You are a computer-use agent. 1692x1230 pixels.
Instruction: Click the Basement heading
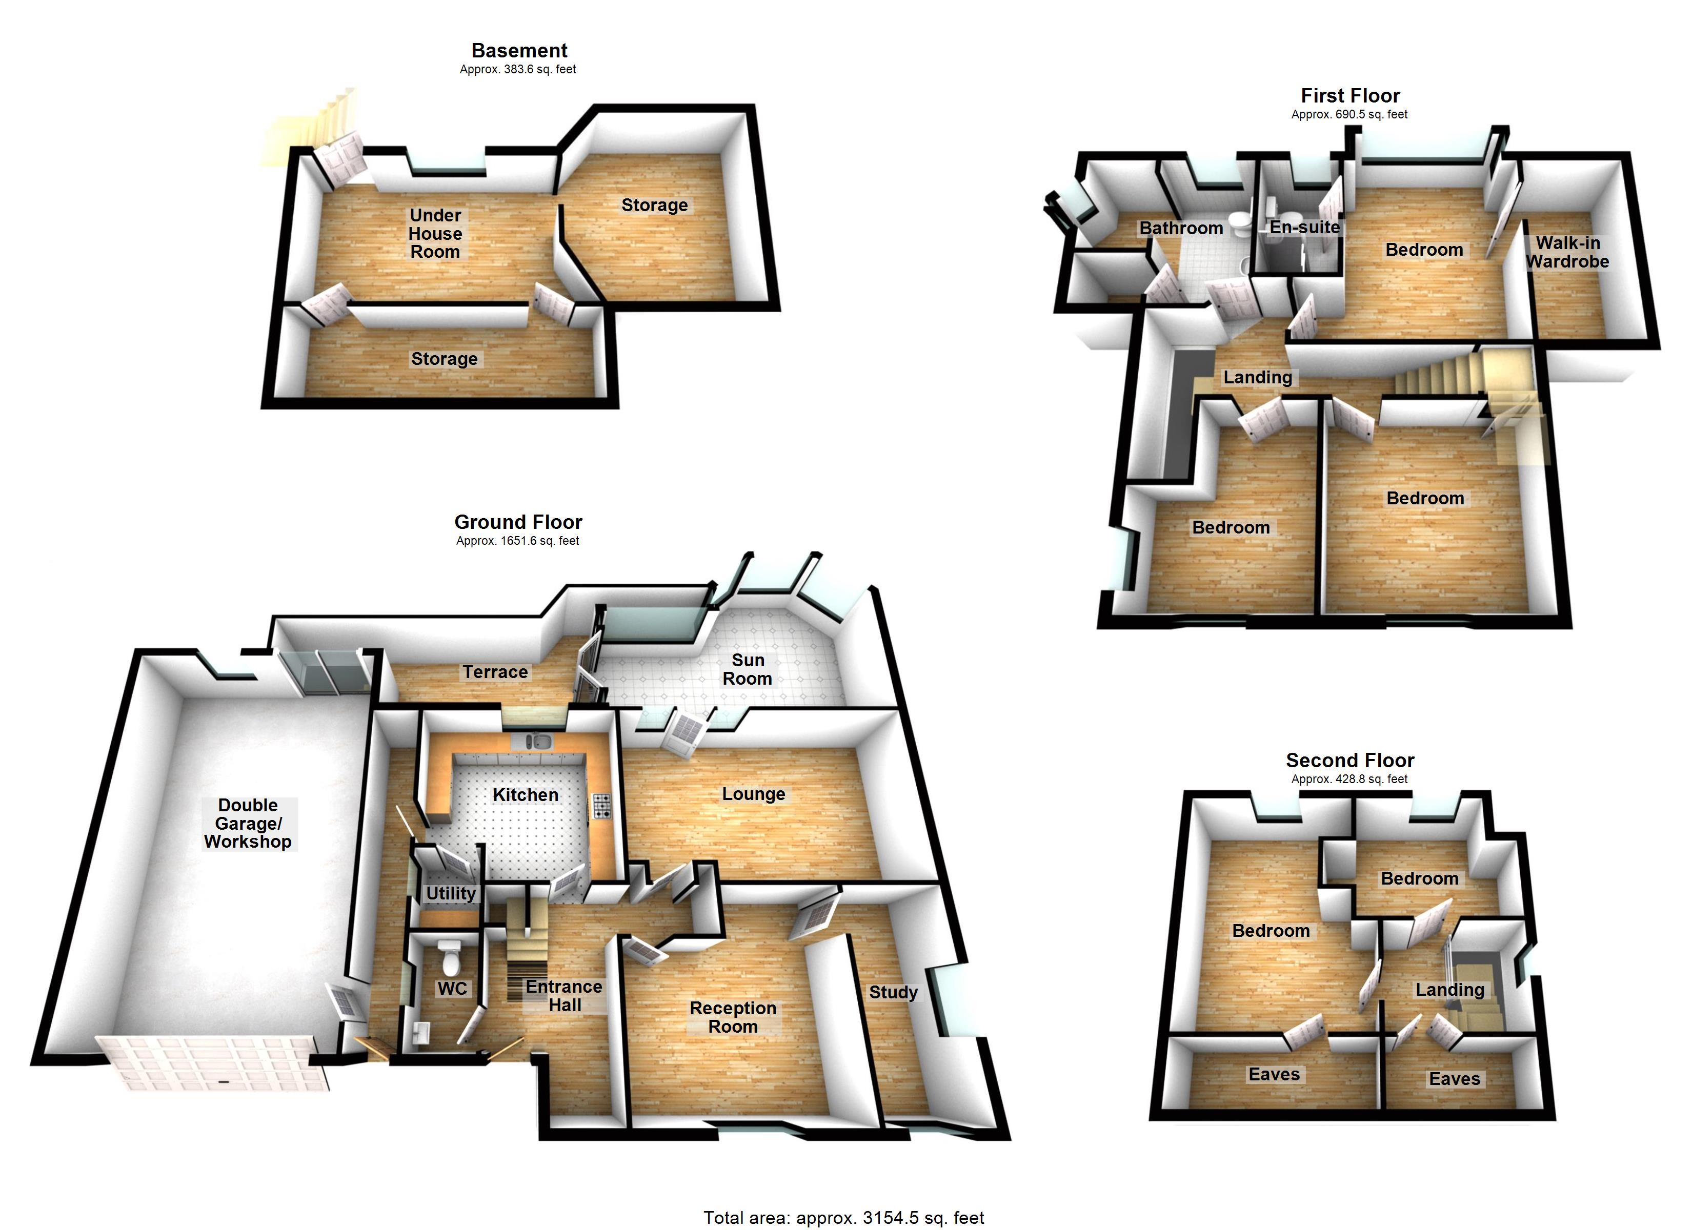[x=519, y=51]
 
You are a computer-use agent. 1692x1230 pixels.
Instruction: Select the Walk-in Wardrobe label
[x=1567, y=252]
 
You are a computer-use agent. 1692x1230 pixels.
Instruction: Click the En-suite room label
[x=1305, y=228]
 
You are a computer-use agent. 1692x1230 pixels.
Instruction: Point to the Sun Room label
[x=748, y=669]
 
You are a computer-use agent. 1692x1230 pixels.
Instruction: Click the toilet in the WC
[x=450, y=958]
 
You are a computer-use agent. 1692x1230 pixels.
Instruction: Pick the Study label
[x=893, y=992]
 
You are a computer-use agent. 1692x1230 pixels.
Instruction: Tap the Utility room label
[x=451, y=893]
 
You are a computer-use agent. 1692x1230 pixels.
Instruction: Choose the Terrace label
[x=495, y=672]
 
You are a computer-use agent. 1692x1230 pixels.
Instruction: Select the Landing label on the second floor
[x=1449, y=990]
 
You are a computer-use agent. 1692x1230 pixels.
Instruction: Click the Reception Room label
[x=733, y=1017]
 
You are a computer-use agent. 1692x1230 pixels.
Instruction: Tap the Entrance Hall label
[x=564, y=996]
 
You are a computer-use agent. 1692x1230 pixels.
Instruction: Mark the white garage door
[x=213, y=1063]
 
